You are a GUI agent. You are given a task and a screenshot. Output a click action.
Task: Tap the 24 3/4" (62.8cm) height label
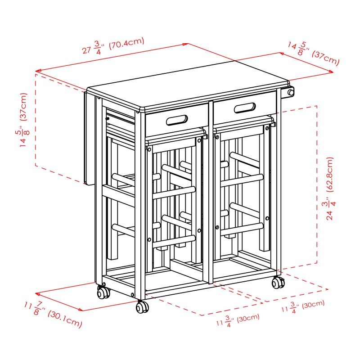(x=330, y=189)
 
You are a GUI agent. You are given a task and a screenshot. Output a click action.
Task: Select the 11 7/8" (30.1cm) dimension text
(x=53, y=314)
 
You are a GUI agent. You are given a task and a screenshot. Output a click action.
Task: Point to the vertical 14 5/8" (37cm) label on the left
(x=24, y=120)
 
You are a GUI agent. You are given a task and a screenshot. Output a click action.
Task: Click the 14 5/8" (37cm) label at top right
(x=314, y=54)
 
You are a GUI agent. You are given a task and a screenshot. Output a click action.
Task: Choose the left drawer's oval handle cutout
(x=177, y=120)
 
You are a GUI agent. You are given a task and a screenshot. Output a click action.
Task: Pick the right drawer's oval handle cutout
(x=245, y=108)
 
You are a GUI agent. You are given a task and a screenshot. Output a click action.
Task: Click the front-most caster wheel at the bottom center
(x=142, y=307)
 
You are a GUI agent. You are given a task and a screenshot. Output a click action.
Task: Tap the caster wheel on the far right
(x=278, y=283)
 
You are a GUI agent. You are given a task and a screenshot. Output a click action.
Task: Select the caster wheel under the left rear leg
(x=103, y=292)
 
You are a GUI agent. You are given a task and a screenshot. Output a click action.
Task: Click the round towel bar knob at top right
(x=291, y=93)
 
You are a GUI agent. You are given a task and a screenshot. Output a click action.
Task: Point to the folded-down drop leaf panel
(x=90, y=138)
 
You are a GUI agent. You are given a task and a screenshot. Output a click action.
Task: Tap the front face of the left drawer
(x=177, y=120)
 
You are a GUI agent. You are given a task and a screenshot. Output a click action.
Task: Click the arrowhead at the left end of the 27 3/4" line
(x=38, y=71)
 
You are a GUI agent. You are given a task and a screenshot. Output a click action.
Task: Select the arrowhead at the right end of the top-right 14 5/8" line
(x=331, y=72)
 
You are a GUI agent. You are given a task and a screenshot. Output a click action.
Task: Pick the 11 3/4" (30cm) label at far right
(x=303, y=306)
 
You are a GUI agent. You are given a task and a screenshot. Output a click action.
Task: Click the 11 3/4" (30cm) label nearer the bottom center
(x=238, y=320)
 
